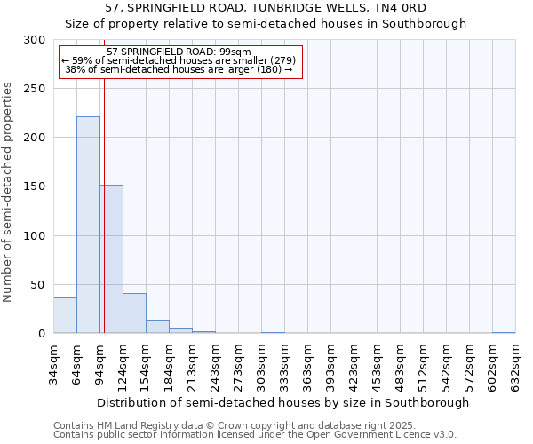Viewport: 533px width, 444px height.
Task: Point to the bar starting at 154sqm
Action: click(x=157, y=327)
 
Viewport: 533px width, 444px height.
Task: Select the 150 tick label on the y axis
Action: click(x=35, y=186)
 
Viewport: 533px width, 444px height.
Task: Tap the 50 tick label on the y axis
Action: click(x=38, y=285)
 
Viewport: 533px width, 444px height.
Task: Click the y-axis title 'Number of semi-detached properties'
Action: click(x=9, y=192)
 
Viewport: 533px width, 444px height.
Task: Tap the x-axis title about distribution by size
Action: click(x=282, y=402)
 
